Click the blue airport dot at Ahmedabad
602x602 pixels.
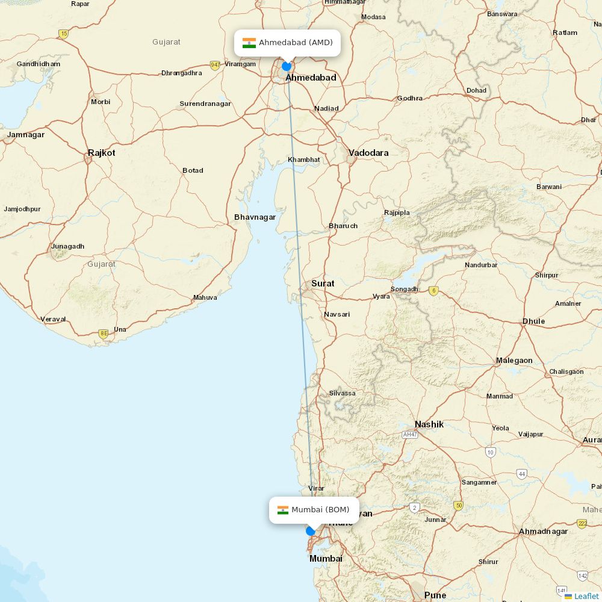click(287, 66)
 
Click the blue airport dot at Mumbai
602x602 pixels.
click(311, 531)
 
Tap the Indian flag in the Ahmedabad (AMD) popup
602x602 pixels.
click(249, 43)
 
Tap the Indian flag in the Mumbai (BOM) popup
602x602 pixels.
click(282, 510)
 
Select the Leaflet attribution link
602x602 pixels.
click(586, 596)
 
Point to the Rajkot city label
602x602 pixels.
click(101, 153)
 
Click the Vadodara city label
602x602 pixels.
click(368, 153)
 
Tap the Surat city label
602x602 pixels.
click(323, 283)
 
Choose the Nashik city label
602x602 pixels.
click(429, 424)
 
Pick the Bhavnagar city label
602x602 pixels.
click(255, 217)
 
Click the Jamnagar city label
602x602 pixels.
click(26, 135)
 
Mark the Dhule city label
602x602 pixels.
click(533, 321)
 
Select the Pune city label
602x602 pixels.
click(435, 595)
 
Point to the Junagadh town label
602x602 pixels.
click(67, 246)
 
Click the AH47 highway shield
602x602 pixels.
click(410, 434)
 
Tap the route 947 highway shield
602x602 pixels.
click(215, 65)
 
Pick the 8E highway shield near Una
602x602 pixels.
click(104, 333)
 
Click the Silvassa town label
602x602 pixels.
click(342, 394)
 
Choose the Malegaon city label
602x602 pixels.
click(514, 361)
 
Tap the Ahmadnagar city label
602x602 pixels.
click(543, 532)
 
